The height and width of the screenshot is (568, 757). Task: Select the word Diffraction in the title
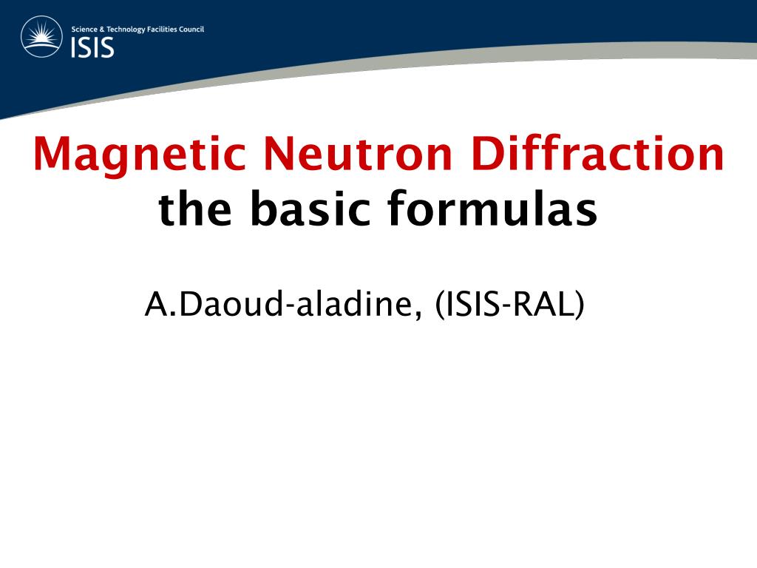click(x=597, y=155)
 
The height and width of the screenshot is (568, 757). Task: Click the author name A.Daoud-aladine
click(x=277, y=305)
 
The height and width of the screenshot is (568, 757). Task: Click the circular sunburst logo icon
click(x=42, y=37)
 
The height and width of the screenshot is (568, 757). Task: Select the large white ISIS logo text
click(x=92, y=47)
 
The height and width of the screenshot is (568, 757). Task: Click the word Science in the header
click(x=84, y=30)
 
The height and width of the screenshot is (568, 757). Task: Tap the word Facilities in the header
click(x=163, y=30)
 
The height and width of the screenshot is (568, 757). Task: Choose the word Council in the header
click(x=192, y=30)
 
